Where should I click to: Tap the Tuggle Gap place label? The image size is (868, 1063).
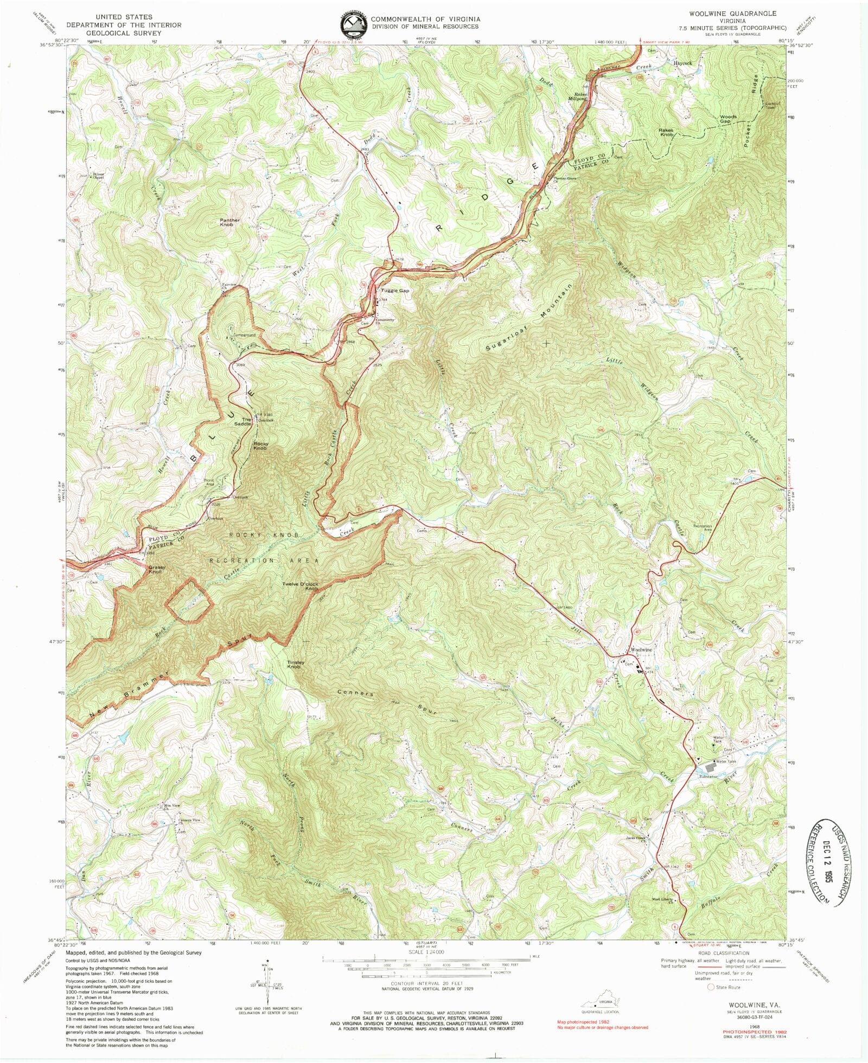[395, 291]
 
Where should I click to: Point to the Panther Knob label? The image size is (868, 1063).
[229, 222]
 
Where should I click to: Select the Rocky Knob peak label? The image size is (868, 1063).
[260, 446]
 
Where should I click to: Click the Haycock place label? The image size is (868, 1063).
[682, 63]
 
